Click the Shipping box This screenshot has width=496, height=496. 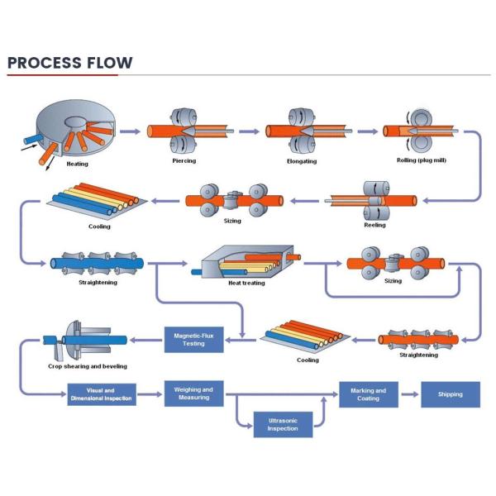point(451,394)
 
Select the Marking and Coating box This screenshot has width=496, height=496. point(368,394)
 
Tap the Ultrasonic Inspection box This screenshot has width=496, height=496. point(282,424)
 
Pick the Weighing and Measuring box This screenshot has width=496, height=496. point(195,393)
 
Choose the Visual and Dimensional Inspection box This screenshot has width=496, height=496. point(101,394)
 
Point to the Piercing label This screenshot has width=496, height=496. point(184,160)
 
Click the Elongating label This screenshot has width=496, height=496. point(301,160)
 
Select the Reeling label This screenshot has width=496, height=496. point(374,224)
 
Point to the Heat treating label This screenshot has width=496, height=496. point(246,282)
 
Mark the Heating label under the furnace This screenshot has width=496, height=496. point(78,163)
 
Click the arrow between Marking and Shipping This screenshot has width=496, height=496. point(410,394)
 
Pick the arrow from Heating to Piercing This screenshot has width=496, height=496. point(130,130)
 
